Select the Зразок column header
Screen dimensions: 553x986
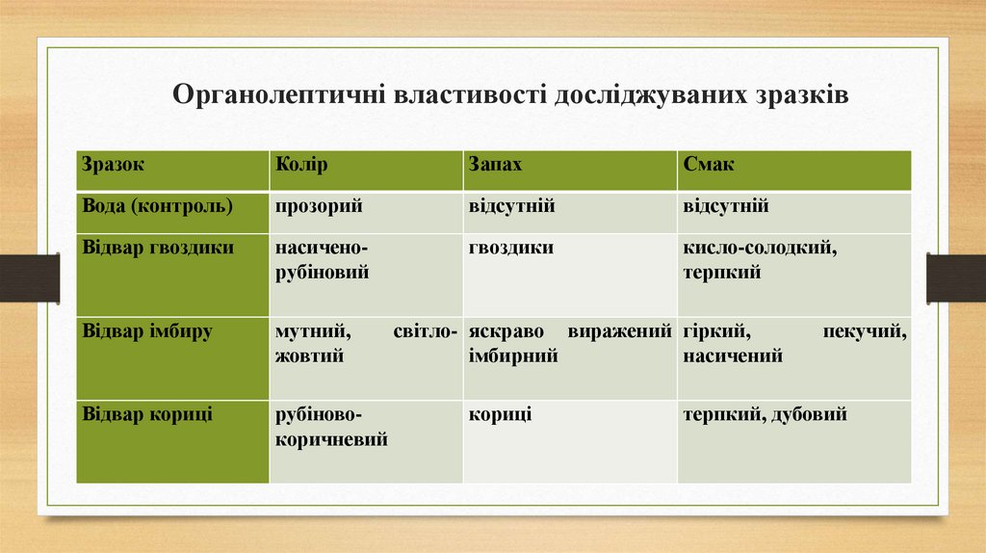(x=114, y=165)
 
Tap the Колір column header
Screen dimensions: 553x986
(x=301, y=165)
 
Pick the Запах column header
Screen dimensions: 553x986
(x=496, y=165)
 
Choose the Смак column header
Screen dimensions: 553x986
(x=709, y=165)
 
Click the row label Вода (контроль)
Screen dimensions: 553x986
(x=158, y=206)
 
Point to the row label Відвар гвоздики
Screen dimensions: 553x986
(x=158, y=248)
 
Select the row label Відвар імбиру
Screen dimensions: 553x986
(x=147, y=331)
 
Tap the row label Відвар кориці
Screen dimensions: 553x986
(x=147, y=415)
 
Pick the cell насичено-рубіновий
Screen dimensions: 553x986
(x=324, y=260)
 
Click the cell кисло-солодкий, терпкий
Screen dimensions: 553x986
(x=760, y=260)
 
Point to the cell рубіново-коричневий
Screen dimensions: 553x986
(x=332, y=428)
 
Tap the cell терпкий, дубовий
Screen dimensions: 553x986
(x=765, y=415)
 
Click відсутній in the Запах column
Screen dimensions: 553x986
(x=511, y=206)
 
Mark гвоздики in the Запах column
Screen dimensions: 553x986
(x=511, y=248)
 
